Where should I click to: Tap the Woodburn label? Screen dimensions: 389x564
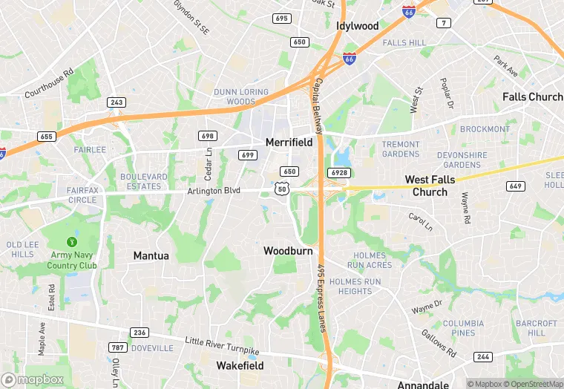coord(288,251)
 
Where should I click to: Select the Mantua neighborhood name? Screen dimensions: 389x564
coord(151,255)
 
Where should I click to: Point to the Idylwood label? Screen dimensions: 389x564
coord(358,26)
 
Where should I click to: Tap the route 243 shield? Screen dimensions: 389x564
coord(116,102)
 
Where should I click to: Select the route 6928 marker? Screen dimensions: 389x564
coord(339,172)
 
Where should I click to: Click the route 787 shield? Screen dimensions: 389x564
coord(117,347)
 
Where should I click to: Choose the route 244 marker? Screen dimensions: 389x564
coord(483,357)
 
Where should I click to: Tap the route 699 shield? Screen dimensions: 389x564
coord(248,154)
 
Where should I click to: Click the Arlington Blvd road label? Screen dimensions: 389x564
coord(213,191)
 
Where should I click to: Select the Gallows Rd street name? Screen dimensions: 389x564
coord(442,342)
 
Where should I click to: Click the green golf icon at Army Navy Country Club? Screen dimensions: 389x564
coord(72,242)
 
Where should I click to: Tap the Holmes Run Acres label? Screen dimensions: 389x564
coord(370,261)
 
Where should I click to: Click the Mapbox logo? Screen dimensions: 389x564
coord(33,379)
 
